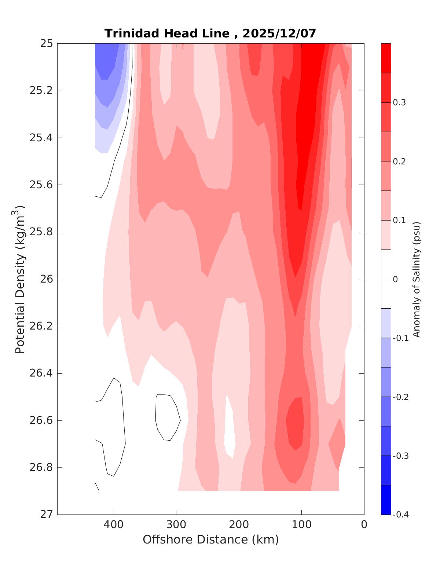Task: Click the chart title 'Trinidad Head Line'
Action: pyautogui.click(x=167, y=34)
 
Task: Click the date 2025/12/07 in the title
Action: pyautogui.click(x=279, y=34)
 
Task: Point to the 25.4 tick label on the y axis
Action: pyautogui.click(x=41, y=138)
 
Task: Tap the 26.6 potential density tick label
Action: pyautogui.click(x=41, y=420)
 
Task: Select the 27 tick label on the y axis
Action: pyautogui.click(x=46, y=514)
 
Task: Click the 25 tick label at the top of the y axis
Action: pyautogui.click(x=46, y=44)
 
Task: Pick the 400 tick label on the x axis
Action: pyautogui.click(x=114, y=524)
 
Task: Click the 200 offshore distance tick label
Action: pyautogui.click(x=239, y=524)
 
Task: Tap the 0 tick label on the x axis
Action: pyautogui.click(x=364, y=524)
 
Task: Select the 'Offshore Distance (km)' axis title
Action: pyautogui.click(x=211, y=539)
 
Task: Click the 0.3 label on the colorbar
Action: pyautogui.click(x=399, y=103)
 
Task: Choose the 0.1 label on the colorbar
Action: pyautogui.click(x=399, y=220)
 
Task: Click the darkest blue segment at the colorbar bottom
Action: pyautogui.click(x=386, y=499)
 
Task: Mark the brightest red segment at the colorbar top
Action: pyautogui.click(x=386, y=58)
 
